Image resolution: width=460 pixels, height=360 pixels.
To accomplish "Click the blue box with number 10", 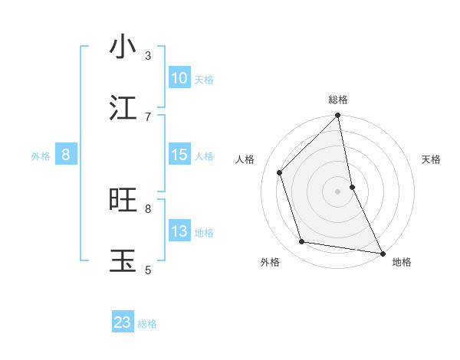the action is coord(179,77).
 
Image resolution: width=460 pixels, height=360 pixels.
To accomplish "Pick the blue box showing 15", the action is coord(179,155).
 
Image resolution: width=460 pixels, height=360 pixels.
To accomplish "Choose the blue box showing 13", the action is coord(179,231).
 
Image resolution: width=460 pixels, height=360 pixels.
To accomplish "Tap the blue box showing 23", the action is coord(123,322).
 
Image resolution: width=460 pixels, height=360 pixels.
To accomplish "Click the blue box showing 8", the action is coord(66,155).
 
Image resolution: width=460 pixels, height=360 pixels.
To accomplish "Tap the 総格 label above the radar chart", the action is coord(338,100).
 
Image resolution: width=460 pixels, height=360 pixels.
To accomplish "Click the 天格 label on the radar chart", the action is coord(431,159).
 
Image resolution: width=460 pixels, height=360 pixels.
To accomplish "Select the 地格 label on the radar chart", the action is coord(402,262).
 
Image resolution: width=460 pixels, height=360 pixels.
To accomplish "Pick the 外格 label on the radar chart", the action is coord(270,262).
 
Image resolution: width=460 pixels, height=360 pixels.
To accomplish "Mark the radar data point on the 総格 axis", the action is coord(338,116).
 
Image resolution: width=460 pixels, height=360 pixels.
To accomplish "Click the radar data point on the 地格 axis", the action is coord(382,253).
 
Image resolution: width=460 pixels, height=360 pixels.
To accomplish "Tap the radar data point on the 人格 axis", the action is coord(280,172).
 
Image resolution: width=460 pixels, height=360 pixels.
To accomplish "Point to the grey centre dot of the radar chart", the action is coord(338,191).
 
